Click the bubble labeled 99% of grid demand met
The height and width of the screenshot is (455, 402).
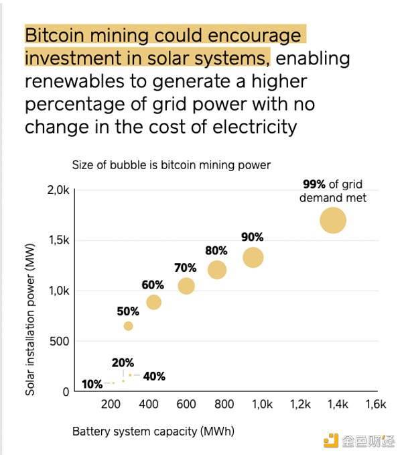332,220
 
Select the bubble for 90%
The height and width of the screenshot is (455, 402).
253,257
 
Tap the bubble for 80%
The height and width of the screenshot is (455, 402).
217,270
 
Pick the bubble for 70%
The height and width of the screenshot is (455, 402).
186,286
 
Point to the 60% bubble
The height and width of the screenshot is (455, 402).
153,302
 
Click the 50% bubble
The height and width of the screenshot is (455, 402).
128,326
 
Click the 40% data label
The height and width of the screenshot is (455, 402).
154,376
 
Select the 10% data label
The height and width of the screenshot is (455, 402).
92,385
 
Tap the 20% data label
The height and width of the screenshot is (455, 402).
123,362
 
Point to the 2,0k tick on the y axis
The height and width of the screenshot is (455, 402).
58,191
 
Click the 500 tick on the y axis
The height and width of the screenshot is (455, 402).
60,342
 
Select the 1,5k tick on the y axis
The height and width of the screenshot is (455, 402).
58,241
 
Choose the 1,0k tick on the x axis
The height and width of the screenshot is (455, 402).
262,404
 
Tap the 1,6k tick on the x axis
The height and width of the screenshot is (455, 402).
376,404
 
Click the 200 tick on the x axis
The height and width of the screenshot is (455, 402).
111,404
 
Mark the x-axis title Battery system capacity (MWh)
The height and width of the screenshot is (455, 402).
153,432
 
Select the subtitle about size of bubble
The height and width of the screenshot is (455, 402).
171,164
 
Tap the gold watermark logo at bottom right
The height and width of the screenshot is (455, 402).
331,440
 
